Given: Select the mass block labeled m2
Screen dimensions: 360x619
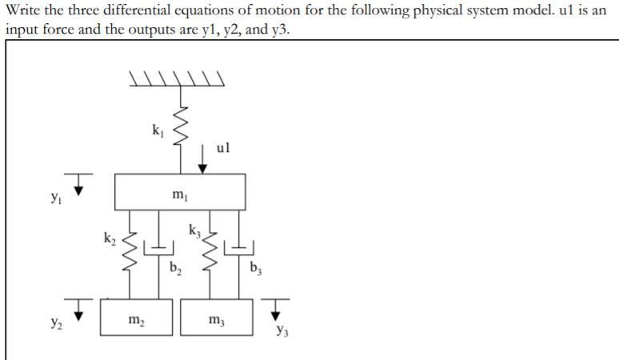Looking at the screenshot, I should point(136,320).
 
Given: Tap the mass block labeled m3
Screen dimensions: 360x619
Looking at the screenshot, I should point(217,320).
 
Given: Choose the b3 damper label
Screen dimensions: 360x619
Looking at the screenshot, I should point(255,267).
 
